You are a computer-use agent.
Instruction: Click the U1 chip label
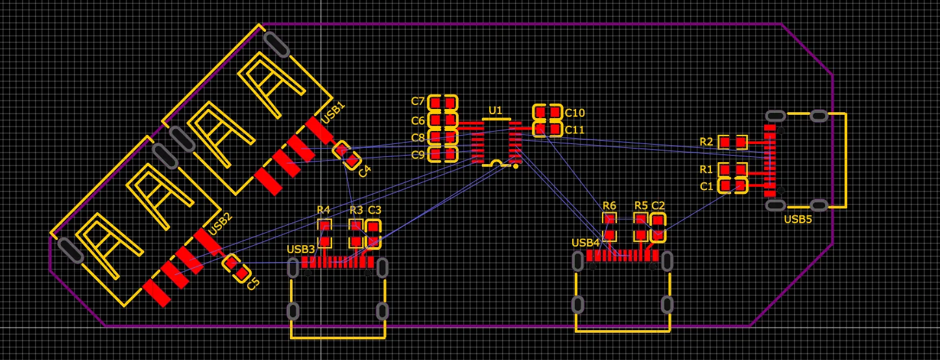point(495,110)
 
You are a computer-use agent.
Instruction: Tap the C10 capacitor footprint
point(547,112)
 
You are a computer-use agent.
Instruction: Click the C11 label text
point(575,130)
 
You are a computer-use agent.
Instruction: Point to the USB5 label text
point(798,219)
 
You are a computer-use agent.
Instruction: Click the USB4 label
point(585,243)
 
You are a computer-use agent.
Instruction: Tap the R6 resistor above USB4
point(609,227)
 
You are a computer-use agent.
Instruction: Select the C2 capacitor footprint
point(658,227)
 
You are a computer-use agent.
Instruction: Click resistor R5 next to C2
point(641,227)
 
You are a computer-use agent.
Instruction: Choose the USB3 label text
point(300,249)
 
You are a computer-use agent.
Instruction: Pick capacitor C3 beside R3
point(373,234)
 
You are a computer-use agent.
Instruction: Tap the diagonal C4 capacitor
point(346,155)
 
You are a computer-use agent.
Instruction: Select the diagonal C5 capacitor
point(236,269)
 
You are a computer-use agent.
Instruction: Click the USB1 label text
point(333,112)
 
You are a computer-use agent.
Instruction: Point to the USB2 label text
point(221,224)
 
